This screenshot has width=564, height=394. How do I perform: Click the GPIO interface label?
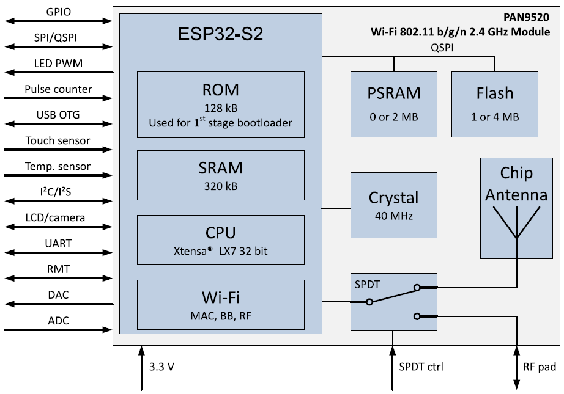coord(58,12)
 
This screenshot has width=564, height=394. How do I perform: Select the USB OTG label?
coord(58,114)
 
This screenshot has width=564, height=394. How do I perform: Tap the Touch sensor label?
coord(58,140)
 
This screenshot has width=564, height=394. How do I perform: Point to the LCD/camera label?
coord(58,217)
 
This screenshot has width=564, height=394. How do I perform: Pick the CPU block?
coord(220,240)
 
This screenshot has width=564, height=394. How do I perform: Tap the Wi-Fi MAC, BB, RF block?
coord(220,305)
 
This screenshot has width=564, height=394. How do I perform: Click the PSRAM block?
coord(394,104)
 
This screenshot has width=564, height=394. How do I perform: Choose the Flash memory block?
coord(494,104)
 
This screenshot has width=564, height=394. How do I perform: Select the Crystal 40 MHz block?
coord(394,205)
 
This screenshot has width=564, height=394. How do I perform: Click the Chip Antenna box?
coord(517,208)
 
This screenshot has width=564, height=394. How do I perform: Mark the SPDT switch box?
coord(394,301)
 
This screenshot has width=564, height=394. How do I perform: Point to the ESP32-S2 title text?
coord(220,34)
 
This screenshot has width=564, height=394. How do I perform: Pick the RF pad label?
coord(540,368)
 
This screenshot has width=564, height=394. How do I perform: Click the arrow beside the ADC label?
coord(58,329)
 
